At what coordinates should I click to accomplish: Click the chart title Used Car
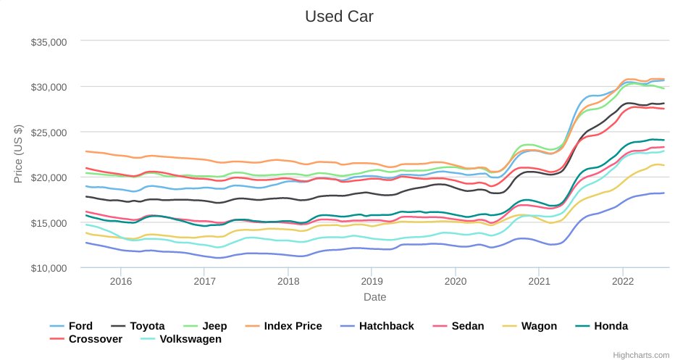pyautogui.click(x=339, y=16)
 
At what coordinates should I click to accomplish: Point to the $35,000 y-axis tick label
pyautogui.click(x=49, y=42)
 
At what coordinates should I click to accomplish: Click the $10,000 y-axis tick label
pyautogui.click(x=49, y=268)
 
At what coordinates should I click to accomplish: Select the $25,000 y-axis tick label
pyautogui.click(x=49, y=133)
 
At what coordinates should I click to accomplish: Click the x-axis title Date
pyautogui.click(x=374, y=297)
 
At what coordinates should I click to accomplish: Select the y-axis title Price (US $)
pyautogui.click(x=18, y=154)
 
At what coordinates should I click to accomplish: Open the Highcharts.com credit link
pyautogui.click(x=641, y=355)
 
